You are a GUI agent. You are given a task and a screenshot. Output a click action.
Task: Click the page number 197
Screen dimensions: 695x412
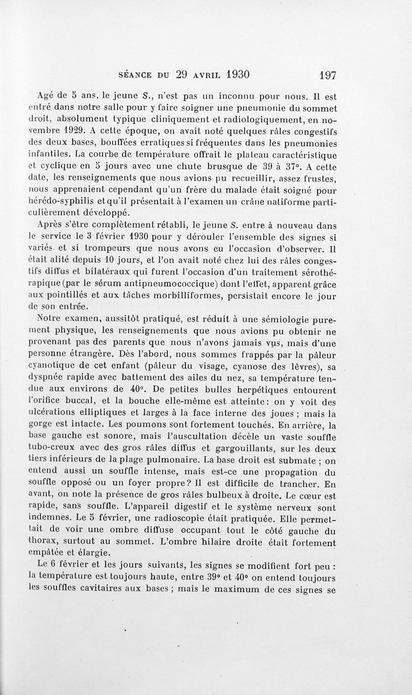(328, 75)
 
